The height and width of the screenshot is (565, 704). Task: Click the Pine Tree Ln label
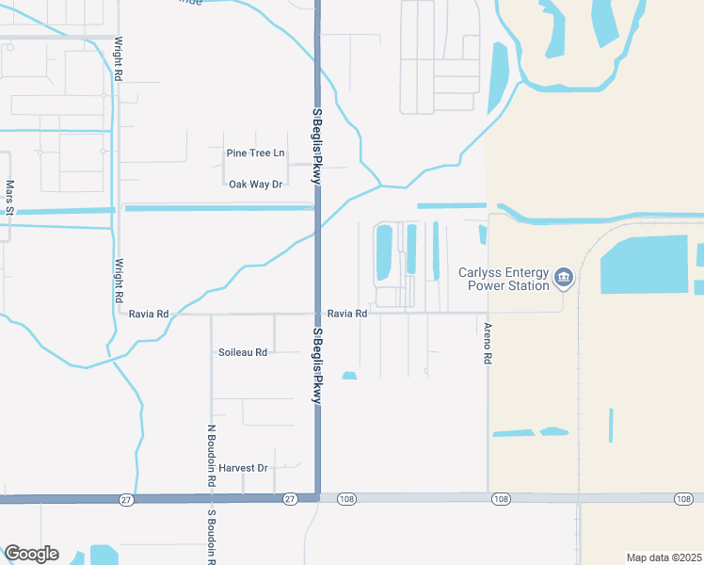(254, 153)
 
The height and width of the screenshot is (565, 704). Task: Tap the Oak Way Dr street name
(256, 184)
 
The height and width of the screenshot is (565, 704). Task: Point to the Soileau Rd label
(243, 352)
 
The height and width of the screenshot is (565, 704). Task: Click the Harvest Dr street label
(243, 467)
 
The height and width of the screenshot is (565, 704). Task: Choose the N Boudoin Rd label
(211, 455)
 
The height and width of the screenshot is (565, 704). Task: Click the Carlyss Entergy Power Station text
(504, 279)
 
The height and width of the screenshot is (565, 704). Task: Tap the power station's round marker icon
(564, 276)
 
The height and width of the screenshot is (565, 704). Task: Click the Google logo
(31, 554)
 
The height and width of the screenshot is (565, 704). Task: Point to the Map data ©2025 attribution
(664, 557)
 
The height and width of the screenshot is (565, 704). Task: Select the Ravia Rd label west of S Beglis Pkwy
(150, 314)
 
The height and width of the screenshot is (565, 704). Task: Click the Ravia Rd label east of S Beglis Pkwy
(347, 314)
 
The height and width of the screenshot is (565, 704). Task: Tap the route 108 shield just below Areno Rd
(500, 498)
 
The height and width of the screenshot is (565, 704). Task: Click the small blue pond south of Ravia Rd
(349, 376)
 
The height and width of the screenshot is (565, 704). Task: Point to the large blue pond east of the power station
(645, 265)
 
